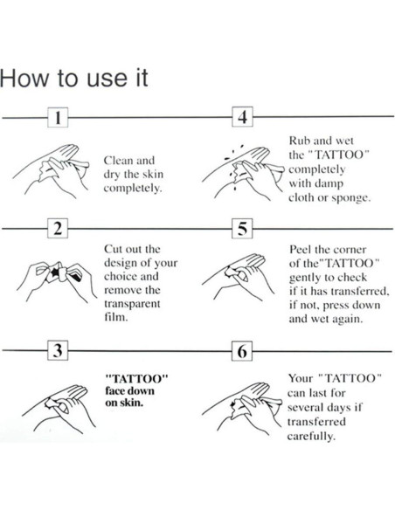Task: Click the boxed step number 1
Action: (56, 118)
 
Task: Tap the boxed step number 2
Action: (56, 230)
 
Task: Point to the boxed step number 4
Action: (242, 118)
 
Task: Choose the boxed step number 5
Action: (242, 230)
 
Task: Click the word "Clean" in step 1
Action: (117, 162)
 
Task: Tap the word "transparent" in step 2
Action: (132, 304)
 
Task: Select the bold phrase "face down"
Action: (128, 391)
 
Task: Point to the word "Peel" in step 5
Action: (302, 249)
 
